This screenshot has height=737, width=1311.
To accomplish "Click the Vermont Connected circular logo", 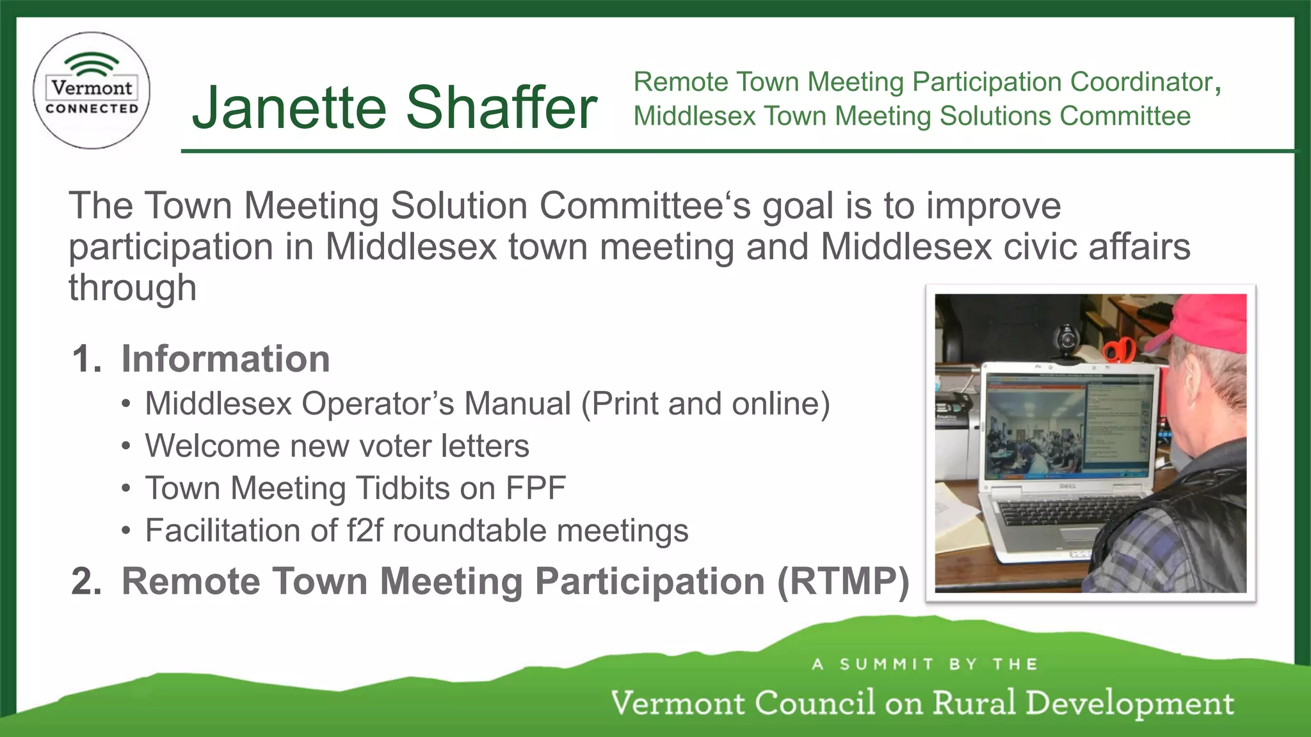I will coord(92,90).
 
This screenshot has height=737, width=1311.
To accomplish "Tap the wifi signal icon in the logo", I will coord(92,65).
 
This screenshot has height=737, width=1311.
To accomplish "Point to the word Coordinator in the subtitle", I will coord(1141,82).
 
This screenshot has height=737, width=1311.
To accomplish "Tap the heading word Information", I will coord(225,358).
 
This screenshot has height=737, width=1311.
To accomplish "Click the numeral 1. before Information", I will coord(86,358).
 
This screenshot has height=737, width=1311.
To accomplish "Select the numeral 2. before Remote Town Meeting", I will coord(86,582).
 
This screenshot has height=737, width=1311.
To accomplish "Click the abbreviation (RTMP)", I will coord(843,582).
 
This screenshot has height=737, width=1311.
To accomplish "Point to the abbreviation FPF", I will coord(536,488).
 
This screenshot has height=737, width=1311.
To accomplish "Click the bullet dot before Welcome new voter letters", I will coord(127,447).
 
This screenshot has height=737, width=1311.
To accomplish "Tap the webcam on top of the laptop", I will coord(1066,340).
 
